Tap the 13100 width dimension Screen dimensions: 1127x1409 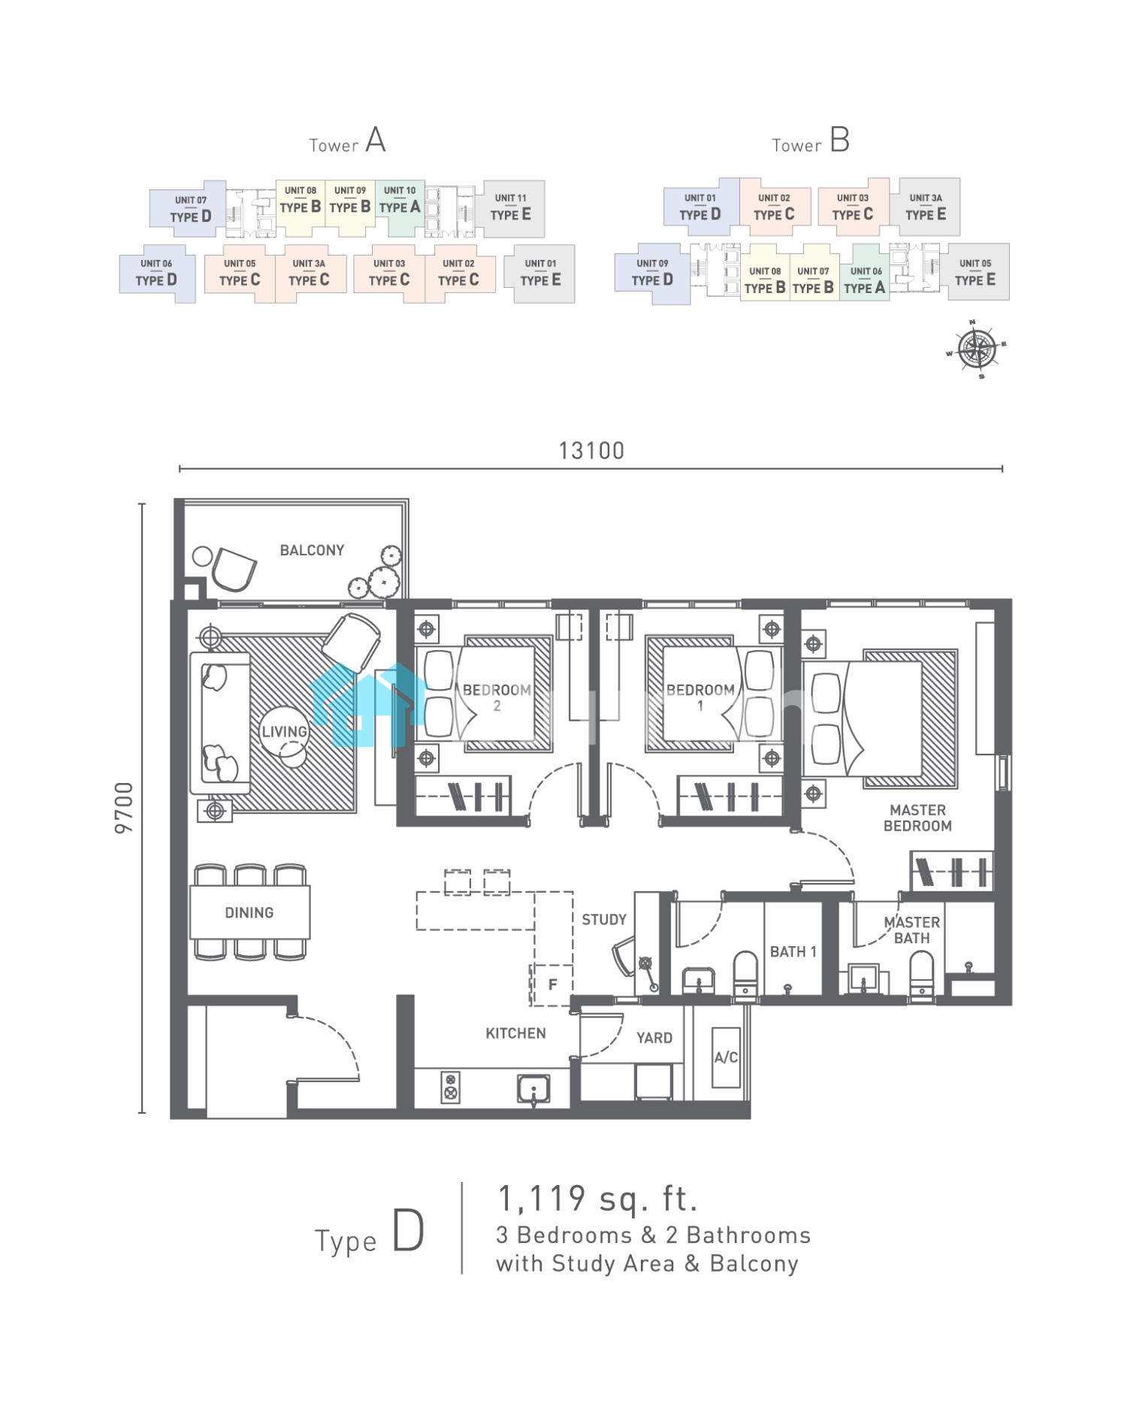[x=591, y=451]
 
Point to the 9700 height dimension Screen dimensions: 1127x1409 [x=124, y=807]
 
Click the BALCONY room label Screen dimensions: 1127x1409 [x=312, y=550]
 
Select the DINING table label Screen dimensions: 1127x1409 [x=249, y=912]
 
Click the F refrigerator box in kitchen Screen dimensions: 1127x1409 [x=552, y=984]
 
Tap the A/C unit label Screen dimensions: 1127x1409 [x=726, y=1057]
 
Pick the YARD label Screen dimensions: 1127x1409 [x=654, y=1038]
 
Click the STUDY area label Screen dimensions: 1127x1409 [x=604, y=919]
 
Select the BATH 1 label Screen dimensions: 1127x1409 [x=793, y=951]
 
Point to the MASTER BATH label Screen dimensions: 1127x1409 [x=912, y=930]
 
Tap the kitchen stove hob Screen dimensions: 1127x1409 [x=450, y=1087]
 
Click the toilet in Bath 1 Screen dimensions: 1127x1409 [x=745, y=975]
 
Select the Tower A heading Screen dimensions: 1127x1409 [x=347, y=141]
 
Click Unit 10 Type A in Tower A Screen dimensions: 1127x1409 [x=400, y=200]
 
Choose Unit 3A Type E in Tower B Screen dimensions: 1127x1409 [x=926, y=207]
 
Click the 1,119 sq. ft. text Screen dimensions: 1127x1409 [x=598, y=1198]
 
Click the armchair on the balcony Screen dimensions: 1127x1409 [x=234, y=569]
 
